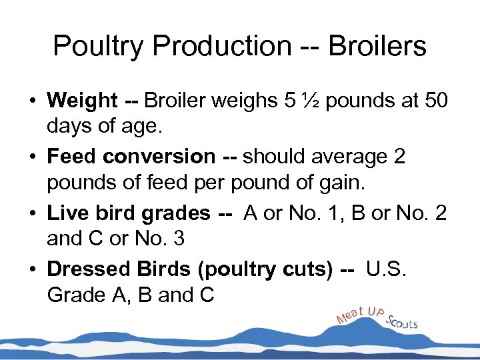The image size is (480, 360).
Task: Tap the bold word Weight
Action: (x=83, y=101)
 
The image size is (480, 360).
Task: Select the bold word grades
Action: (x=176, y=213)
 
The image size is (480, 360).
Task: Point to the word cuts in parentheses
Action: (x=304, y=269)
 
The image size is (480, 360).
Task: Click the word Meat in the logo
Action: (x=351, y=313)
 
